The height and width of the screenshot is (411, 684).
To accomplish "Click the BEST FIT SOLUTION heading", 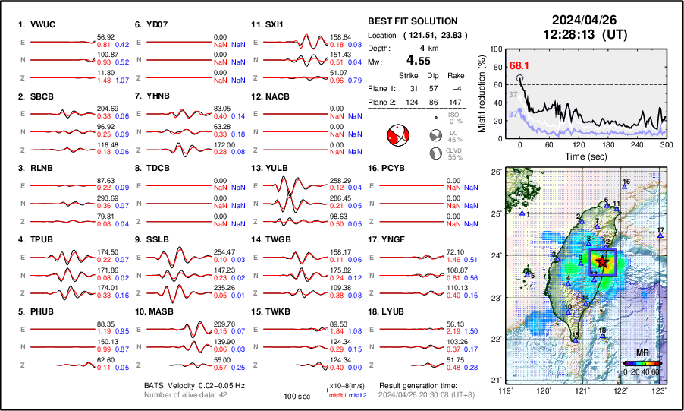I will coord(412,21).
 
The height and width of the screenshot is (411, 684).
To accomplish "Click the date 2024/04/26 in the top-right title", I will coord(579,20).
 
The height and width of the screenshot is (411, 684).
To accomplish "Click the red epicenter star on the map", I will coord(603,261).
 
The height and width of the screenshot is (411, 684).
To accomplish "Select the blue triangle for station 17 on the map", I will coord(660,236).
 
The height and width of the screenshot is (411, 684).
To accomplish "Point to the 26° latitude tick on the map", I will coord(494,172).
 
